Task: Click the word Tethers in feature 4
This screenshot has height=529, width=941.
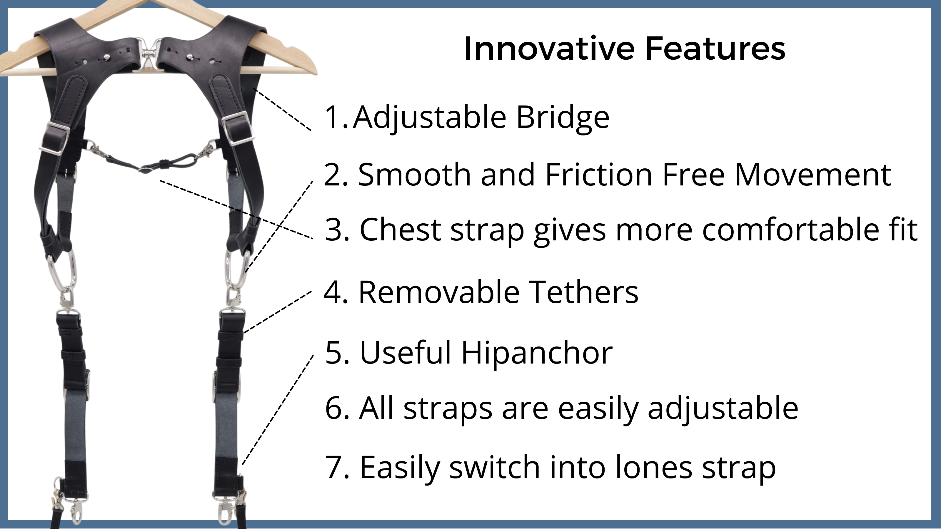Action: point(584,292)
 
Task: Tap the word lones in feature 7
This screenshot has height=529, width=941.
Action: point(653,467)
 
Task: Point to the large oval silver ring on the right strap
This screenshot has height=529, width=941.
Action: point(238,269)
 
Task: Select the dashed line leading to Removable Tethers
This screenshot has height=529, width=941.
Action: point(278,312)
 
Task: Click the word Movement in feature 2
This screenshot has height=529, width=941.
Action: point(813,175)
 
